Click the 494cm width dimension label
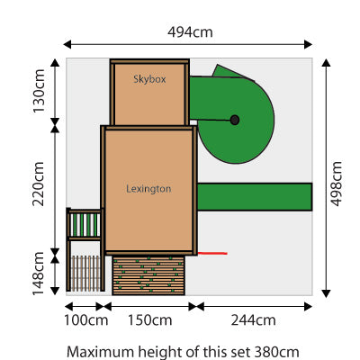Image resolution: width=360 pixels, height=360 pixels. point(190,31)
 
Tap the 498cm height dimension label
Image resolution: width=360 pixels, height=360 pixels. point(337,184)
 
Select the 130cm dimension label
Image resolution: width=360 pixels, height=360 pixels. point(38,88)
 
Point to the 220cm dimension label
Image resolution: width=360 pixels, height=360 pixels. point(38,184)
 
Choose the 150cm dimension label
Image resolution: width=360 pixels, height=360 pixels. point(149,320)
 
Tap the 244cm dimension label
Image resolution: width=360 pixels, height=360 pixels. point(253,320)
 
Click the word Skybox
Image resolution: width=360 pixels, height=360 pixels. point(150,79)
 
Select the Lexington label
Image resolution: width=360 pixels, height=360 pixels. point(148,189)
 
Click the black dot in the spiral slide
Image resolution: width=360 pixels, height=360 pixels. point(235,119)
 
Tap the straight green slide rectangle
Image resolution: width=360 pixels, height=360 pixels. point(254,195)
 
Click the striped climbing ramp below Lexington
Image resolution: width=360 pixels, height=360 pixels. point(148,274)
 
